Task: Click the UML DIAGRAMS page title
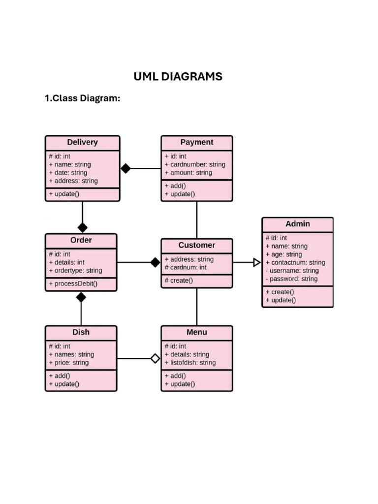(178, 77)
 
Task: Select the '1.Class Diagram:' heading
(82, 98)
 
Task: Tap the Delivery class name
(82, 142)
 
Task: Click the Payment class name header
(196, 142)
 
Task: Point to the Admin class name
(297, 224)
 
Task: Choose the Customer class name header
(196, 245)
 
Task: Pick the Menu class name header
(196, 332)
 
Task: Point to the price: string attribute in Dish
(68, 363)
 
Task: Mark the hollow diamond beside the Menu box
(155, 358)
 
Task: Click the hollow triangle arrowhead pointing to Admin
(256, 262)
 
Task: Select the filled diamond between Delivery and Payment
(126, 168)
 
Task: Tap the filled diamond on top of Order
(82, 227)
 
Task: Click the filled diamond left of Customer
(155, 262)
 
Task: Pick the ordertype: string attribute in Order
(75, 271)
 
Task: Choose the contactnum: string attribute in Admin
(295, 262)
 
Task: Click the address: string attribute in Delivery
(73, 181)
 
